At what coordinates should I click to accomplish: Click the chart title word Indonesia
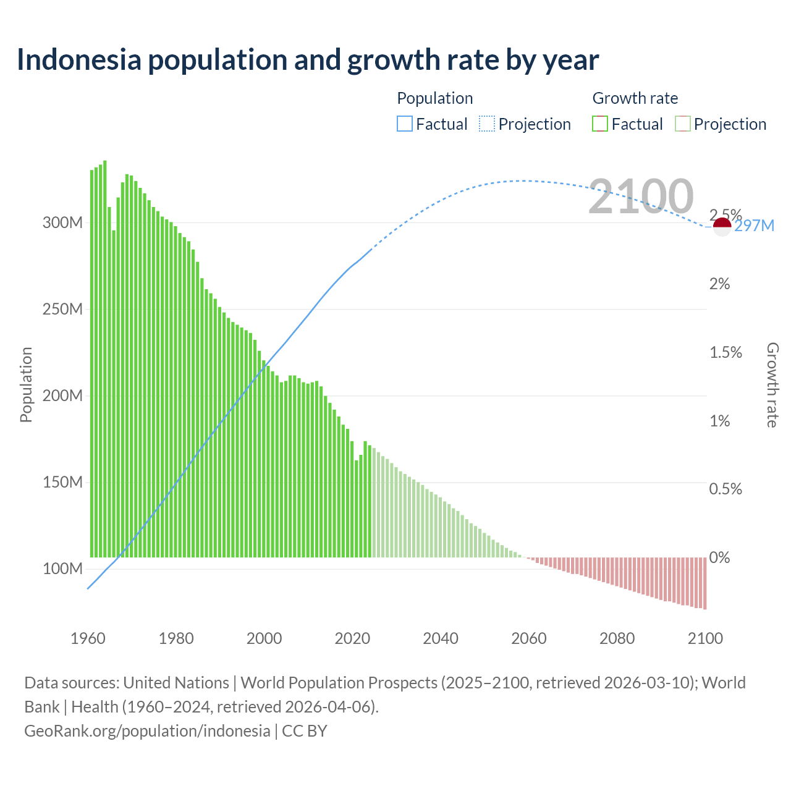tap(81, 60)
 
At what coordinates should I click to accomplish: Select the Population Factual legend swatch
tap(404, 124)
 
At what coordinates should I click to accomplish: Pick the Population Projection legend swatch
tap(487, 124)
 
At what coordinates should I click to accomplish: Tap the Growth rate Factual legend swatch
tap(600, 124)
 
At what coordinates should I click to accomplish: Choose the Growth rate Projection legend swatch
tap(682, 124)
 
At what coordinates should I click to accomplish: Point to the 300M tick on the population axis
tap(62, 222)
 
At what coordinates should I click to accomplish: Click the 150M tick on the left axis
tap(62, 482)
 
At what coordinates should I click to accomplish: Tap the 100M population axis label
tap(62, 569)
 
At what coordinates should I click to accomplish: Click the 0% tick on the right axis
tap(719, 557)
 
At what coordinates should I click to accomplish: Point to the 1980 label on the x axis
tap(176, 638)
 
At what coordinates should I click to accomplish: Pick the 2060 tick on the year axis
tap(529, 638)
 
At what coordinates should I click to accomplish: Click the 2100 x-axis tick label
tap(705, 638)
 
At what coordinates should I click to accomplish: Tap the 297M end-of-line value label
tap(755, 226)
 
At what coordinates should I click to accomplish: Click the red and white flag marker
tap(722, 227)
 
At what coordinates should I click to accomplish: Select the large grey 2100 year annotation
tap(641, 197)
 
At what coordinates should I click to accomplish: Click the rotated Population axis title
tap(26, 384)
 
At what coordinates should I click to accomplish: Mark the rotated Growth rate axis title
tap(772, 384)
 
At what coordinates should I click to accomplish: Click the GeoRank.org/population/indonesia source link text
tap(147, 730)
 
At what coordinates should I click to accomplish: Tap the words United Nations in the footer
tap(176, 683)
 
